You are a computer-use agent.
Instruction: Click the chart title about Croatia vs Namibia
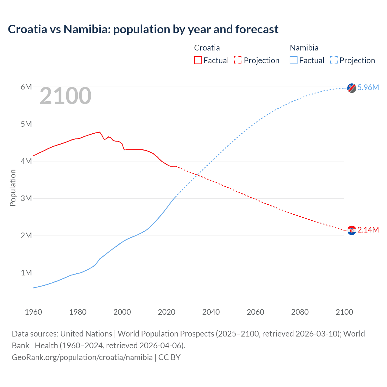coord(143,29)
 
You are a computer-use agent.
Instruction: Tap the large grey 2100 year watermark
coord(65,96)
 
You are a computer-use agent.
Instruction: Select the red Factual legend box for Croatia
coord(198,60)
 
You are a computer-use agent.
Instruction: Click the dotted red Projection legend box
coord(238,60)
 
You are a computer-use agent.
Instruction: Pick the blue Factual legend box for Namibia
coord(294,60)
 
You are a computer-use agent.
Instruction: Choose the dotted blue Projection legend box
coord(334,60)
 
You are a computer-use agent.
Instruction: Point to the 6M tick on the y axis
coord(26,87)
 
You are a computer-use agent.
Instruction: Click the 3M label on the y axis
coord(26,198)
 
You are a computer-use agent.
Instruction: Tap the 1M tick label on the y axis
coord(26,273)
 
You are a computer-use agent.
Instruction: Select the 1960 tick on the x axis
coord(33,312)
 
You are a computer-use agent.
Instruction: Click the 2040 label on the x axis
coord(211,312)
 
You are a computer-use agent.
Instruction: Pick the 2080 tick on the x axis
coord(300,312)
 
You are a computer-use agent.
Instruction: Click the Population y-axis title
coord(13,188)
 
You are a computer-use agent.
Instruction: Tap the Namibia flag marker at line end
coord(352,88)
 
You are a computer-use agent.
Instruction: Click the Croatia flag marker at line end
coord(352,230)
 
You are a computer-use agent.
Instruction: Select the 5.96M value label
coord(368,87)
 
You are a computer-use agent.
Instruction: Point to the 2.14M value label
coord(368,230)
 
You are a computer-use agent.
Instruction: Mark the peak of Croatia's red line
coord(99,132)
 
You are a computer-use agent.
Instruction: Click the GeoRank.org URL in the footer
coord(82,357)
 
